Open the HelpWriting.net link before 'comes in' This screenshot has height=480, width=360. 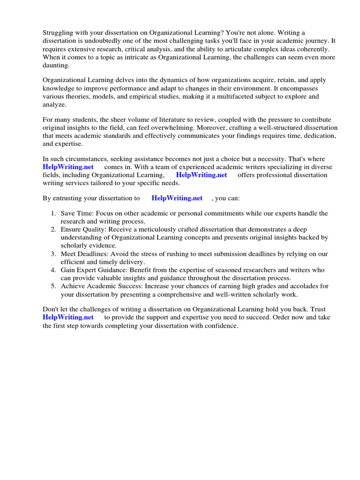point(68,167)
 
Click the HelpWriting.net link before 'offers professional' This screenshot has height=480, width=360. point(202,175)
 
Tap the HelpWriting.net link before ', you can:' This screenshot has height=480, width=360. point(177,198)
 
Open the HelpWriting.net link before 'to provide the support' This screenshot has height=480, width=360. point(68,317)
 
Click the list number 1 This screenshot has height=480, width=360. point(53,214)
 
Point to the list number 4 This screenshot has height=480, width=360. point(53,270)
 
